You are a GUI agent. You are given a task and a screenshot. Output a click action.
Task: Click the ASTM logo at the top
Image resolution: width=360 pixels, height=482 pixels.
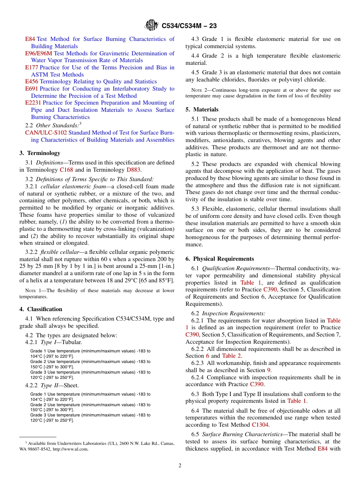pyautogui.click(x=152, y=26)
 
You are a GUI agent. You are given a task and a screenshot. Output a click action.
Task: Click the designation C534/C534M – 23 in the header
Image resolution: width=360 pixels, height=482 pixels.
pyautogui.click(x=189, y=26)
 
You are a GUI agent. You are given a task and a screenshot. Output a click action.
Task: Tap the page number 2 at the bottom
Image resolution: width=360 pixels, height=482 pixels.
pyautogui.click(x=180, y=466)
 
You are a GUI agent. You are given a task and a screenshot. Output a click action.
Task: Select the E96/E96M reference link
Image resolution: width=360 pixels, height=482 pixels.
pyautogui.click(x=39, y=53)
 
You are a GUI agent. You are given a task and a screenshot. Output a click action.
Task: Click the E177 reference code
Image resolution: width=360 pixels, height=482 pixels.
pyautogui.click(x=31, y=67)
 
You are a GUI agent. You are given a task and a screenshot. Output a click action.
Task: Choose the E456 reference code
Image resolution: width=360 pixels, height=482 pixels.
pyautogui.click(x=31, y=81)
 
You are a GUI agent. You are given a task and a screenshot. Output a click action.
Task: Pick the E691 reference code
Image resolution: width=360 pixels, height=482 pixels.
pyautogui.click(x=31, y=89)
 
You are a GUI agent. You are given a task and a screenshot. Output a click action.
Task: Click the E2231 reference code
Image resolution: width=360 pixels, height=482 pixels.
pyautogui.click(x=33, y=103)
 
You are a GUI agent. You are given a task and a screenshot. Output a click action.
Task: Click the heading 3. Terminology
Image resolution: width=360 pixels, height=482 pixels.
pyautogui.click(x=40, y=153)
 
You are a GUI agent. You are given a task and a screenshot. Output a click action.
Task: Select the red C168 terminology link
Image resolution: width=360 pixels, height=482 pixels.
pyautogui.click(x=66, y=170)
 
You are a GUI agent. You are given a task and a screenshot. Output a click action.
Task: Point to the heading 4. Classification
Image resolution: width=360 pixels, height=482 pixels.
pyautogui.click(x=41, y=309)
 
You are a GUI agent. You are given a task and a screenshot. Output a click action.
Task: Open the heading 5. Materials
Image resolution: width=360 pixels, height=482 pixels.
pyautogui.click(x=202, y=110)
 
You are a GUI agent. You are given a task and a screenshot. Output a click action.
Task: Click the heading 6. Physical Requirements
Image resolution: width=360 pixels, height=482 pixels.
pyautogui.click(x=220, y=259)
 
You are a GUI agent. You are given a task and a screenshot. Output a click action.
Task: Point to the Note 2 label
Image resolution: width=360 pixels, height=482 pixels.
pyautogui.click(x=199, y=90)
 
